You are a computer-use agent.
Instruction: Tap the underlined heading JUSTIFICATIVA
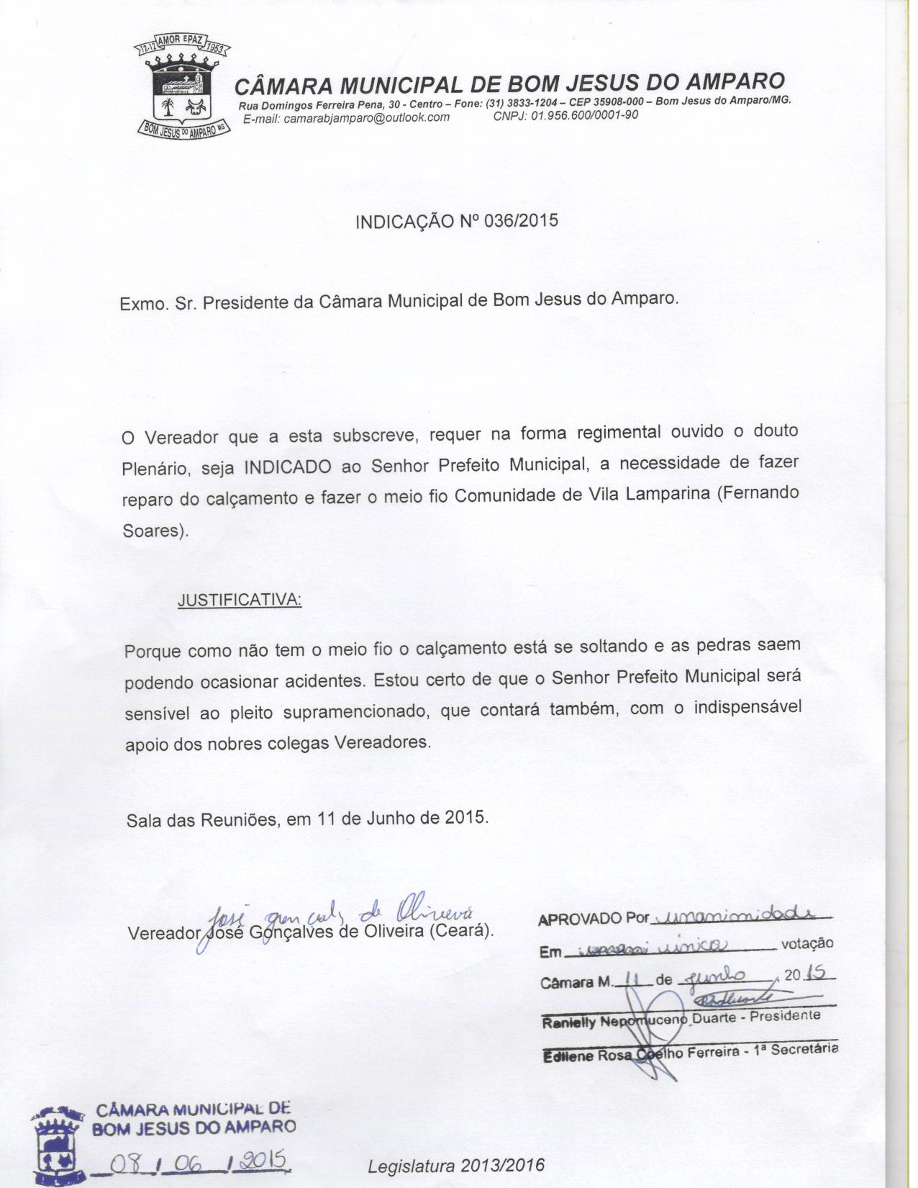(240, 600)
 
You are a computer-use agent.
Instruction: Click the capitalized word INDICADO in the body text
(288, 467)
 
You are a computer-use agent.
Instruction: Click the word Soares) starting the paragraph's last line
(155, 531)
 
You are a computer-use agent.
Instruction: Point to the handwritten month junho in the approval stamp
(722, 976)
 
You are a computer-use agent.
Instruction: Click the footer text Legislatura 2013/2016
(456, 1166)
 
